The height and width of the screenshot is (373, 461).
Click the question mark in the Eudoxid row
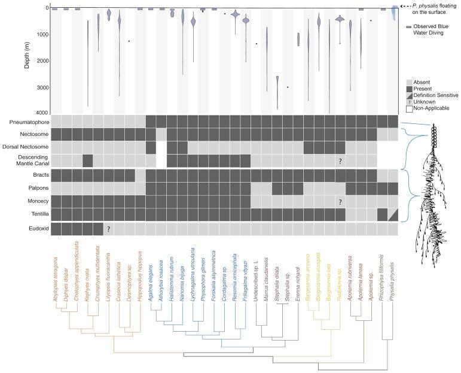click(109, 229)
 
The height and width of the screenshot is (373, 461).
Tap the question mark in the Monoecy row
click(340, 202)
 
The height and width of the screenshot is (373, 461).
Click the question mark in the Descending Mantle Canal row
click(340, 160)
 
